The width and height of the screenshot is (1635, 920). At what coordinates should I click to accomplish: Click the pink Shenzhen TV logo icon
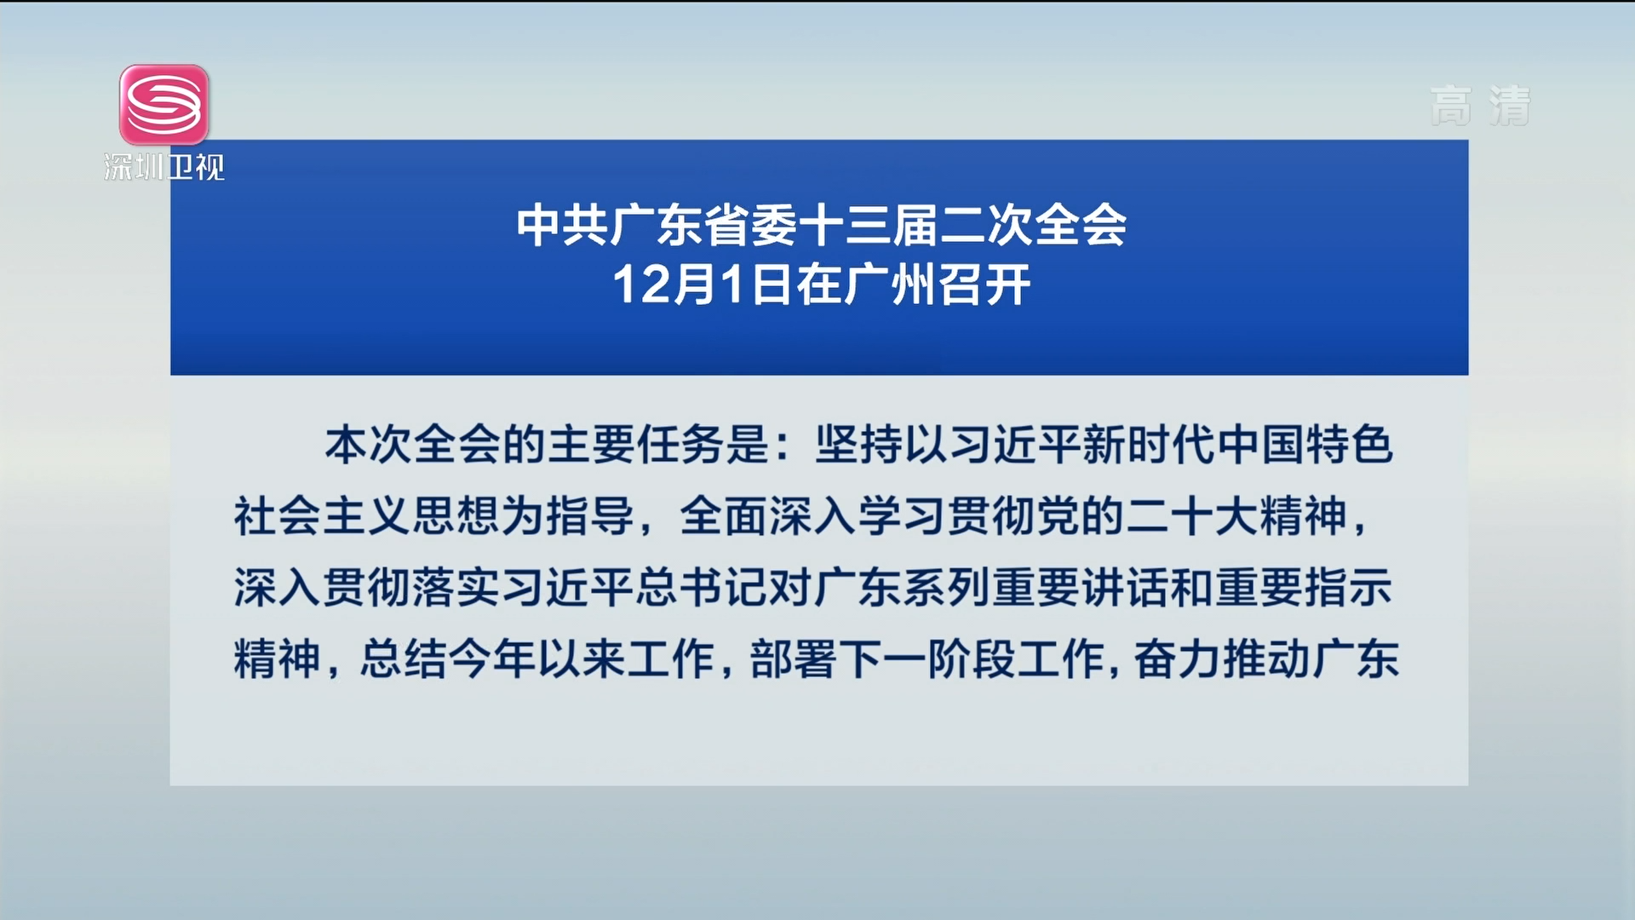tap(164, 105)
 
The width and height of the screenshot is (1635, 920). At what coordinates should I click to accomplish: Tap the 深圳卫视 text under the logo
tap(164, 167)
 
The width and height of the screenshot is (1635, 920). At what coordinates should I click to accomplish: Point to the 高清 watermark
tap(1481, 106)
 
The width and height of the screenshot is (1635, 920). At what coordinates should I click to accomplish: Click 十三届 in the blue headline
tap(869, 227)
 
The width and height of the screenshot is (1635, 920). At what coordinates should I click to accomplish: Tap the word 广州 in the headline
tap(890, 285)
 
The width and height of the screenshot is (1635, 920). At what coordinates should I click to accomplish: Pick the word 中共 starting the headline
tap(563, 227)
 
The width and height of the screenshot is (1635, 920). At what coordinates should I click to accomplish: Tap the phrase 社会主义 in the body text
tap(323, 516)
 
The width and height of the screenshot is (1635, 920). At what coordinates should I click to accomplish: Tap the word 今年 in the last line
tap(491, 659)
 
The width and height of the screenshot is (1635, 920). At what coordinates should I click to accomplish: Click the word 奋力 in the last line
tap(1178, 659)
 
